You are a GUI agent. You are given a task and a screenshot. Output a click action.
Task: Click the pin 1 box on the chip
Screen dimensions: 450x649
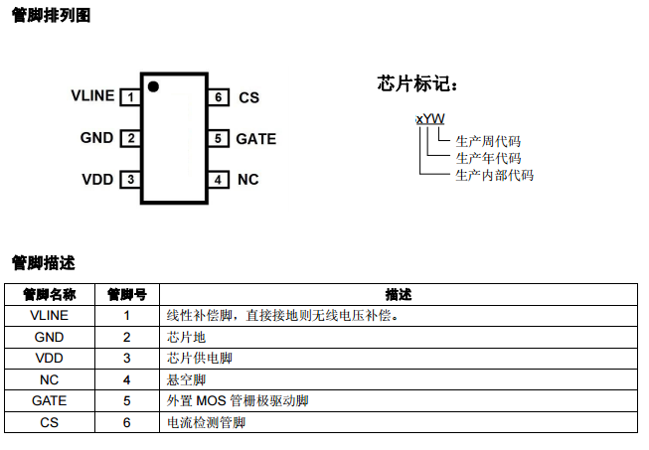pos(130,97)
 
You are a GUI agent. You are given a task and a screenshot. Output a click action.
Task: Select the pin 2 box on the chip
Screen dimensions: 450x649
pos(130,139)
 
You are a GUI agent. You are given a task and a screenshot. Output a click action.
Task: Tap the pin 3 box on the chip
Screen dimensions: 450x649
pos(130,180)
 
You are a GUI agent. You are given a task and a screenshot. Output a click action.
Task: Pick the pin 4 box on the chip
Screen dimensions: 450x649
pos(218,180)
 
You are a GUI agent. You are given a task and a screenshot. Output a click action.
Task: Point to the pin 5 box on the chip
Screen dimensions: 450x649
pos(218,139)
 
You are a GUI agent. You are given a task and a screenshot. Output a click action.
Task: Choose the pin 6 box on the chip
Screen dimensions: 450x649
pos(218,97)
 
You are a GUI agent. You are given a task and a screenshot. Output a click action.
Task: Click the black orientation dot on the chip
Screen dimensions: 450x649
pos(153,86)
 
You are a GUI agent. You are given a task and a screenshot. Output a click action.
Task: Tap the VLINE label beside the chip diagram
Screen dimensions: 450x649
pos(92,96)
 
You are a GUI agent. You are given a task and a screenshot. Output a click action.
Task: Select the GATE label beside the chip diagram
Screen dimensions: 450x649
pos(256,139)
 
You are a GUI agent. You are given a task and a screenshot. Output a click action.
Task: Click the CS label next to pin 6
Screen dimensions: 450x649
pos(248,97)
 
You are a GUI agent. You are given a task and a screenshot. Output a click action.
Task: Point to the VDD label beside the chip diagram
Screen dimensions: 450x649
pos(97,180)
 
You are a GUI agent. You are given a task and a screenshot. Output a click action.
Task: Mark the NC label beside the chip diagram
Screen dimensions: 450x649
pos(248,180)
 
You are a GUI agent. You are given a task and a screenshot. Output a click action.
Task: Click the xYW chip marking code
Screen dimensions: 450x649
pos(430,118)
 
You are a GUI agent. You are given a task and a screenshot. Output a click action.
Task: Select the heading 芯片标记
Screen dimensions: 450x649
pos(418,83)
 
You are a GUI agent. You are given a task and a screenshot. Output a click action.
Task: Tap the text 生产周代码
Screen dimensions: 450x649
pos(488,142)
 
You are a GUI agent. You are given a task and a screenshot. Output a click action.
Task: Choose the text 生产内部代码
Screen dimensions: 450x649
pos(494,176)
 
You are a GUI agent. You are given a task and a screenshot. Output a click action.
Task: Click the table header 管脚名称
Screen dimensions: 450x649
pos(49,295)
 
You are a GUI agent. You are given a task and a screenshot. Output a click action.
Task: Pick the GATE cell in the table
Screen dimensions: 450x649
pos(49,401)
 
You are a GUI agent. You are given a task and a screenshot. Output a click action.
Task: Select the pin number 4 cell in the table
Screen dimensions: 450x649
pos(127,379)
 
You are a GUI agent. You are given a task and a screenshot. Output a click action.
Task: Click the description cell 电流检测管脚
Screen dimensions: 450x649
pos(206,422)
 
